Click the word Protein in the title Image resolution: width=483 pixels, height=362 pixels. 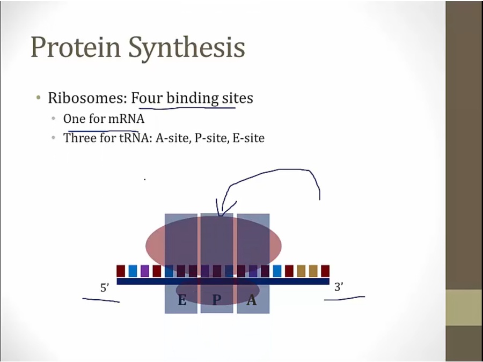(76, 47)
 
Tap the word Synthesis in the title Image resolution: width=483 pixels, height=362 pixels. (187, 48)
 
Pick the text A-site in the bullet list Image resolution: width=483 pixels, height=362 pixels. (173, 138)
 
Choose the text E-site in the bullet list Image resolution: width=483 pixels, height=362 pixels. (248, 138)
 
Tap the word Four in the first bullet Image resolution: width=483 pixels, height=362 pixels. (147, 98)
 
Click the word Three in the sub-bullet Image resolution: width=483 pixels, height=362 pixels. (80, 138)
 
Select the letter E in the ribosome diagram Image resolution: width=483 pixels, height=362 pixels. (182, 299)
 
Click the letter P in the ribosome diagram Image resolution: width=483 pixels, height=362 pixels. (217, 299)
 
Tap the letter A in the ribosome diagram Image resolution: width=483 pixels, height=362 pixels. (252, 299)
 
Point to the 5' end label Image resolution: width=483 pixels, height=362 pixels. (105, 287)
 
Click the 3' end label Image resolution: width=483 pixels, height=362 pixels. (339, 287)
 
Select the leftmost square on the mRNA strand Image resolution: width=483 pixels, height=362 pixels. (121, 271)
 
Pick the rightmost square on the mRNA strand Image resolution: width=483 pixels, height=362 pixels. (325, 271)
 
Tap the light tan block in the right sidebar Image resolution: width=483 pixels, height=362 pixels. (464, 307)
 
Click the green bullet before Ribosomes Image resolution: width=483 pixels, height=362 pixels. (38, 98)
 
